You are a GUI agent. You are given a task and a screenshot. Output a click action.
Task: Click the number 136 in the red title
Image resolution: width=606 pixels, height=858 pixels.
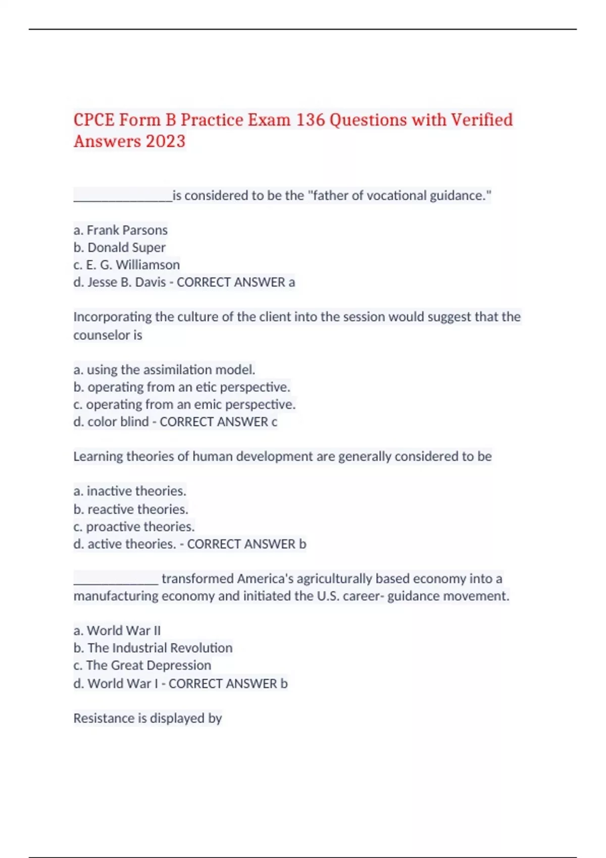(310, 120)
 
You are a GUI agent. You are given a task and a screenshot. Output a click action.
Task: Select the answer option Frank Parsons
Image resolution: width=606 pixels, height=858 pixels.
(127, 230)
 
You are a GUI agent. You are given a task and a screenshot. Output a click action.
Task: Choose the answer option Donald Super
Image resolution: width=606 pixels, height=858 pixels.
(126, 247)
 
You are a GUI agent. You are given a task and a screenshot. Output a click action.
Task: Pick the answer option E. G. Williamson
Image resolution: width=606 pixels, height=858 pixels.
(133, 264)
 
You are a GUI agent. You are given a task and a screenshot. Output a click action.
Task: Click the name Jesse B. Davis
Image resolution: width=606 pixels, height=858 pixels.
(126, 282)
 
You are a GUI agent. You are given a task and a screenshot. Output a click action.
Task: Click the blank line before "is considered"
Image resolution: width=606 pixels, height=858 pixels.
(123, 197)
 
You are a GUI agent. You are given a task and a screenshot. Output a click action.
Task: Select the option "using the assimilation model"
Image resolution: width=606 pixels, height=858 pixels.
(170, 370)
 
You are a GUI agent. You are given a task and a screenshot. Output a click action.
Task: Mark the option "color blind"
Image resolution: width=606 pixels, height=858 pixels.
(118, 422)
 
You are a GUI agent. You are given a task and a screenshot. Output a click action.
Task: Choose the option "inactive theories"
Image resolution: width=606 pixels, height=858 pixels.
(136, 491)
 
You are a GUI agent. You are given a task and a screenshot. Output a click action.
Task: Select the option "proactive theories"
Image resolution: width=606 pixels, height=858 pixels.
(140, 526)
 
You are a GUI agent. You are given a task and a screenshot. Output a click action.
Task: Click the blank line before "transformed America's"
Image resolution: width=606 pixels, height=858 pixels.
(116, 580)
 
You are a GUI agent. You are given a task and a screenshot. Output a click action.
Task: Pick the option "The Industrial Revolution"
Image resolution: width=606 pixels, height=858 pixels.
(160, 648)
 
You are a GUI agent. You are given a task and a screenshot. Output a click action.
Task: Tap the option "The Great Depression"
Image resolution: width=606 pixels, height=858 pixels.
(148, 665)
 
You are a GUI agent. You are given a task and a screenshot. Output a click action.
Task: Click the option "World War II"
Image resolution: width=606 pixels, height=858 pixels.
(124, 631)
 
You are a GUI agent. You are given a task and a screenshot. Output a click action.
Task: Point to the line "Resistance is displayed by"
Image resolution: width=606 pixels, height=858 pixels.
(147, 718)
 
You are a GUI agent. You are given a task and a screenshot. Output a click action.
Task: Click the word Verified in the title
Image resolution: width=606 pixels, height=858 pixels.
(481, 120)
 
